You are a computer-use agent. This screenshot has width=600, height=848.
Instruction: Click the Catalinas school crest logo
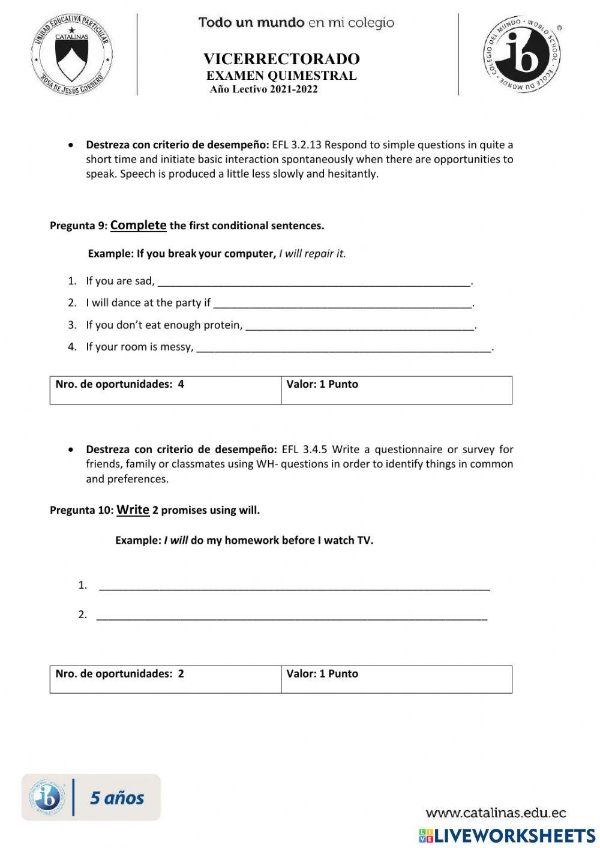pos(71,55)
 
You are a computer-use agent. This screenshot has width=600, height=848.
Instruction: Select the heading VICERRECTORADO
pos(281,59)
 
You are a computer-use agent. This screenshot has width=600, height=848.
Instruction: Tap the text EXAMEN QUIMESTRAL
pos(281,76)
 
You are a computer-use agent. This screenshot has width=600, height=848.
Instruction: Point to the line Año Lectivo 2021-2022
pos(264,89)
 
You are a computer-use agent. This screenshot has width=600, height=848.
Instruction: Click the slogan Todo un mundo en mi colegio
pos(296,23)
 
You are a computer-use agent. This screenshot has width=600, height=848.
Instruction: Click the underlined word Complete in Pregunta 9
pos(138,225)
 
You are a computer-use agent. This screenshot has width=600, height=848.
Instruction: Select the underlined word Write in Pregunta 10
pos(133,510)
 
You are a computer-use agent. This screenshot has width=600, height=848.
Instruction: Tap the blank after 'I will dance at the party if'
pos(343,303)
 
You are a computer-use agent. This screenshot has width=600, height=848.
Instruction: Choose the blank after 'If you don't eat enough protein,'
pos(360,325)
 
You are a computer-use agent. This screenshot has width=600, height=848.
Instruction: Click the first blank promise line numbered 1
pos(294,586)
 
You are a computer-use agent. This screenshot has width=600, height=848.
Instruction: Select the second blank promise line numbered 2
pos(292,615)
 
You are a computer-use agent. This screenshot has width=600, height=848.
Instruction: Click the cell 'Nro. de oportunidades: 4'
pos(165,390)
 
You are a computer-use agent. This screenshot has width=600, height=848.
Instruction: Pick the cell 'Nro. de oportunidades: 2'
pos(165,679)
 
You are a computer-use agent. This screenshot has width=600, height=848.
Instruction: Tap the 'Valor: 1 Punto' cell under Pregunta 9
pos(396,390)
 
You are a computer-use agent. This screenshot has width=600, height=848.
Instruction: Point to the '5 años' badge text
pos(117,798)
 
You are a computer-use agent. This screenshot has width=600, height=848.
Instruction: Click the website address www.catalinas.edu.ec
pos(496,813)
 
